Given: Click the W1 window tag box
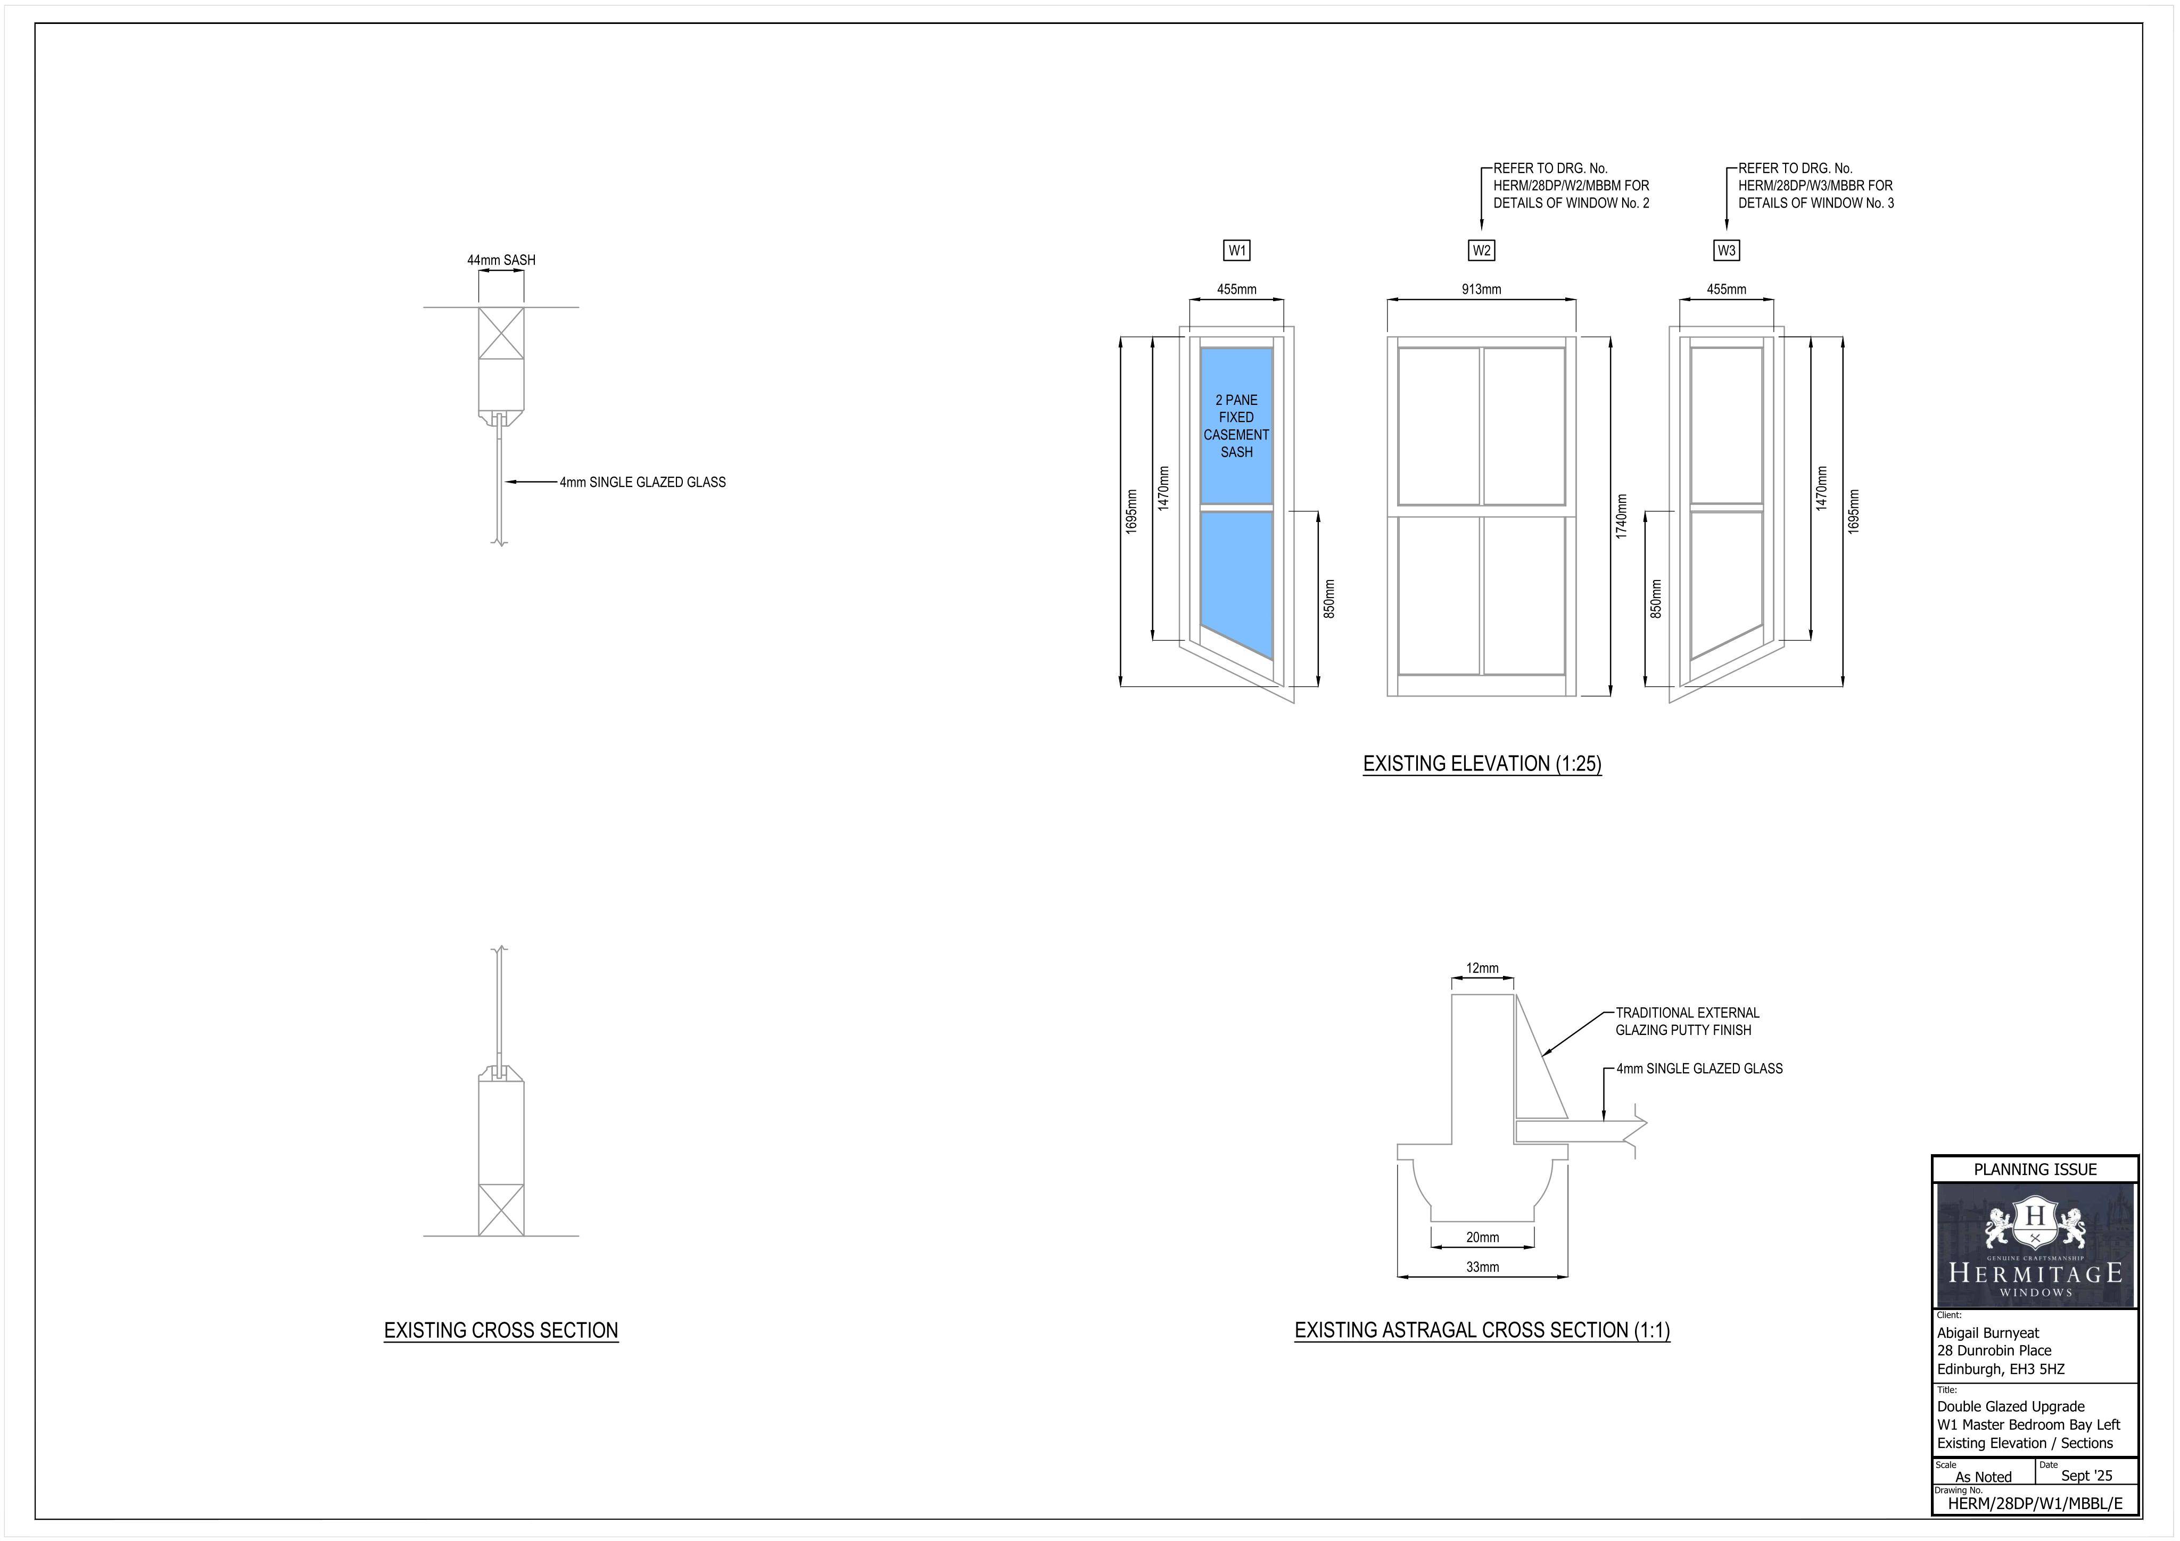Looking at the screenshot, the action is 1236,251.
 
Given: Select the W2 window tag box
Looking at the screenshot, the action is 1481,251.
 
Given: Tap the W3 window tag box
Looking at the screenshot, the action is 1726,251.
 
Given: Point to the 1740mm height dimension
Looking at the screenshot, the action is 1622,517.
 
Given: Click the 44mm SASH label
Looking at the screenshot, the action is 501,260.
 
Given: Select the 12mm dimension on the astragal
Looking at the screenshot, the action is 1482,968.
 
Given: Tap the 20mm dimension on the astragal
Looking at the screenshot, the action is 1482,1237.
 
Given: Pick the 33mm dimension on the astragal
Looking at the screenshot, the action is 1482,1266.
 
